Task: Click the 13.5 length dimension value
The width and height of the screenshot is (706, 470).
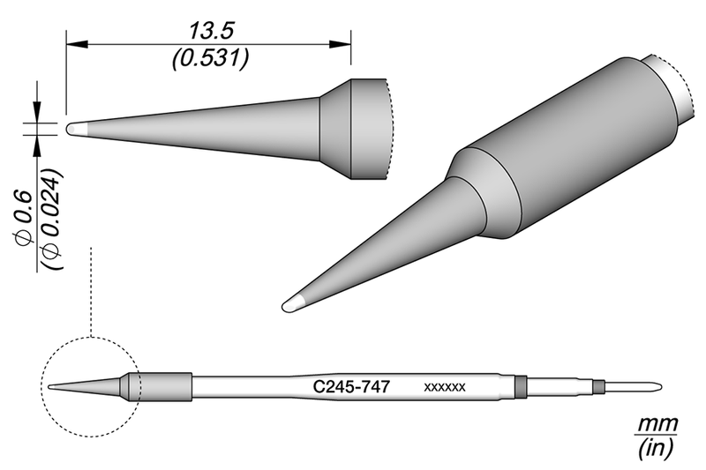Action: point(209,31)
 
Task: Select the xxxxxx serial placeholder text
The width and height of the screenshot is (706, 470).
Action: point(445,387)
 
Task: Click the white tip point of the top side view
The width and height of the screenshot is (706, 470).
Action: point(75,128)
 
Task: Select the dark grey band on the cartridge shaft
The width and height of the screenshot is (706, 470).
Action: point(520,386)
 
